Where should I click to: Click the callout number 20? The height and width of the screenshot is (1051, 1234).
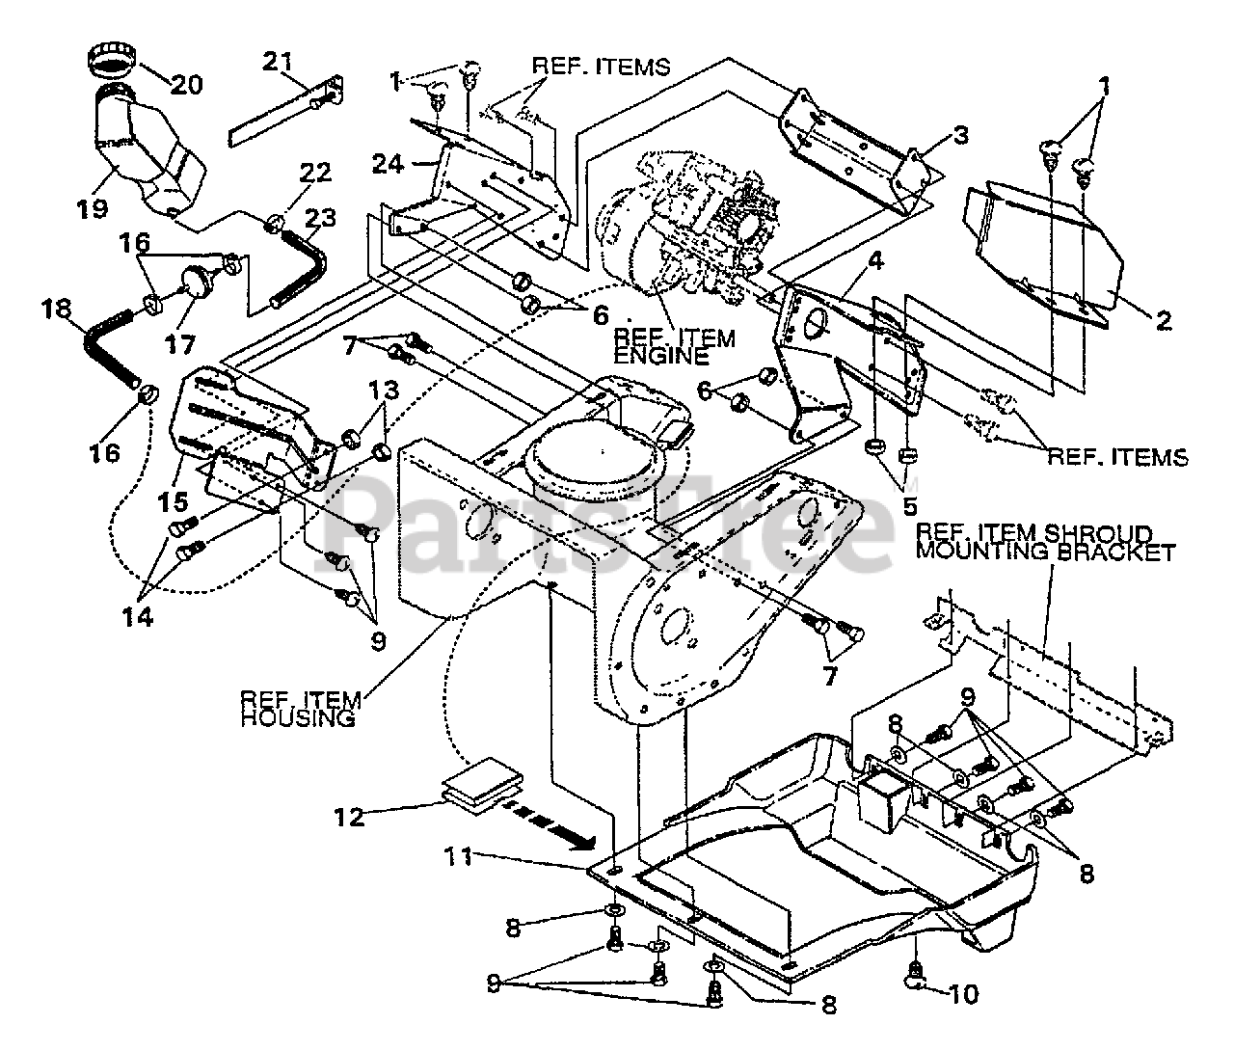pyautogui.click(x=187, y=84)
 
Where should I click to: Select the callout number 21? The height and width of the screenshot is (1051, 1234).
pyautogui.click(x=279, y=63)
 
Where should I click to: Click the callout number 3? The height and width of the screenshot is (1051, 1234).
pyautogui.click(x=933, y=135)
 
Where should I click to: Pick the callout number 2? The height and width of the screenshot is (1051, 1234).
pyautogui.click(x=1164, y=321)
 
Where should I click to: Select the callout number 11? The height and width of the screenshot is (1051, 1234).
pyautogui.click(x=460, y=855)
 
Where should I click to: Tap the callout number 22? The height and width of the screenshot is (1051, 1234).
pyautogui.click(x=315, y=174)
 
